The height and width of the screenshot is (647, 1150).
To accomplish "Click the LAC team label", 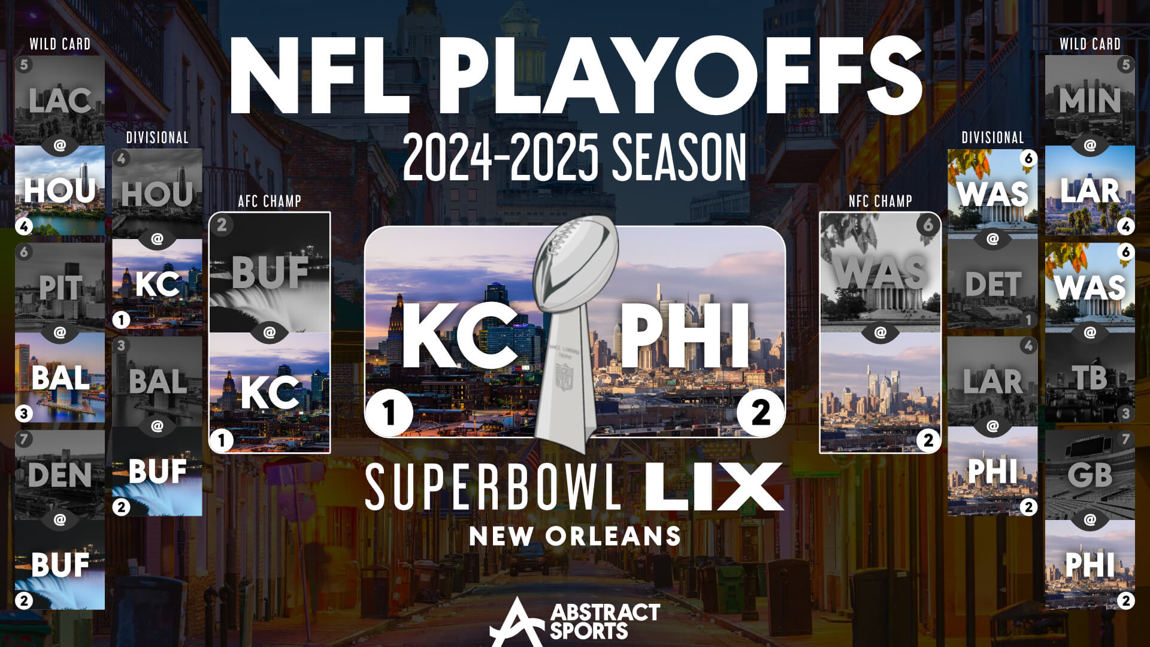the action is pyautogui.click(x=60, y=101).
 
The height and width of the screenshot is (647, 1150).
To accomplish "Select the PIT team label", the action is pyautogui.click(x=60, y=288).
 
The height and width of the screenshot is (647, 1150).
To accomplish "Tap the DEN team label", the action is pyautogui.click(x=60, y=475).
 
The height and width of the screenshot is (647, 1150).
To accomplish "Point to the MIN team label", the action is pyautogui.click(x=1090, y=101).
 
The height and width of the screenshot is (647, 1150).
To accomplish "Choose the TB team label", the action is pyautogui.click(x=1090, y=378).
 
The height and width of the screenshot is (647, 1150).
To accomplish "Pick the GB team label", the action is pyautogui.click(x=1090, y=475).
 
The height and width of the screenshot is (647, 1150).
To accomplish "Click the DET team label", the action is pyautogui.click(x=992, y=285).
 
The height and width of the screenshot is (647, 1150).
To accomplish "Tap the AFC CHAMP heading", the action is pyautogui.click(x=270, y=201).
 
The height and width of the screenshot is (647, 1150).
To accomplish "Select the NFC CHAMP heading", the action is pyautogui.click(x=880, y=201).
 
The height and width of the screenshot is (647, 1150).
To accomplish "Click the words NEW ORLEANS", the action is pyautogui.click(x=575, y=536).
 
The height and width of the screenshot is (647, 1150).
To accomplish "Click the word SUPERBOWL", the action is pyautogui.click(x=493, y=486).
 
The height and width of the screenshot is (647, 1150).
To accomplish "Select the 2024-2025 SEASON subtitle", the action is pyautogui.click(x=575, y=157).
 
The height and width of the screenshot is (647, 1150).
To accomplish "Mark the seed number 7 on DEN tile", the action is pyautogui.click(x=24, y=439).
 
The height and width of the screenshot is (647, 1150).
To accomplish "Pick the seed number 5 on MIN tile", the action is pyautogui.click(x=1126, y=65).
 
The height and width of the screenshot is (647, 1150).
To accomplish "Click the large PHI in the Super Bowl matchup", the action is pyautogui.click(x=685, y=335).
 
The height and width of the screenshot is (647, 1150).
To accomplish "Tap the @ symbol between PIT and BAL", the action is pyautogui.click(x=60, y=332).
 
